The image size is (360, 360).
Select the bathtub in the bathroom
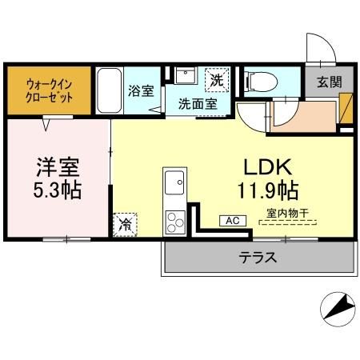pos(110,90)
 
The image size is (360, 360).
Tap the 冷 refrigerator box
pos(125,224)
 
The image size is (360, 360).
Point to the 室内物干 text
pos(286,214)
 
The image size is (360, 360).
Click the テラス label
pos(258,258)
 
